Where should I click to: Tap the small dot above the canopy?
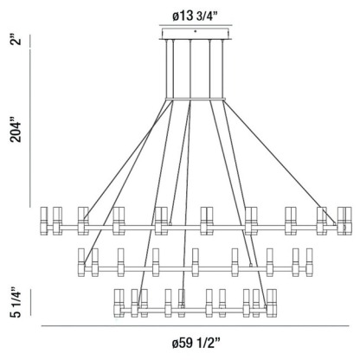pyautogui.click(x=195, y=30)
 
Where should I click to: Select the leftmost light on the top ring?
pyautogui.click(x=47, y=220)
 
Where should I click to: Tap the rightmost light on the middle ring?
pyautogui.click(x=310, y=260)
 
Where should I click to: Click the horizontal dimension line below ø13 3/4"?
pyautogui.click(x=195, y=23)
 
